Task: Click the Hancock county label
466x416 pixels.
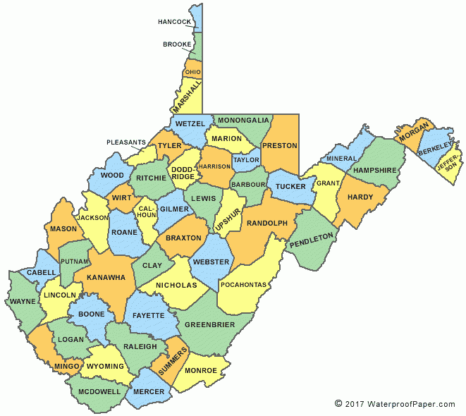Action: point(175,22)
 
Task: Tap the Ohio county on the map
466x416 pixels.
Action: point(192,72)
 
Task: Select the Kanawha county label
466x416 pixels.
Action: point(106,277)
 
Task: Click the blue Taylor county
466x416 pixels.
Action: point(246,160)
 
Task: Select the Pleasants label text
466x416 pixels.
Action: point(126,142)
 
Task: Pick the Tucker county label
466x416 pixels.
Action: point(290,187)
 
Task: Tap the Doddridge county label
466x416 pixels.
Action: point(183,172)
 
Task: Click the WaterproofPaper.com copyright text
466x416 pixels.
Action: point(395,404)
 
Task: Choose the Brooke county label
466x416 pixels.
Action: point(176,44)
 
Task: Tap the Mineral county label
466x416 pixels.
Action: point(342,159)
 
